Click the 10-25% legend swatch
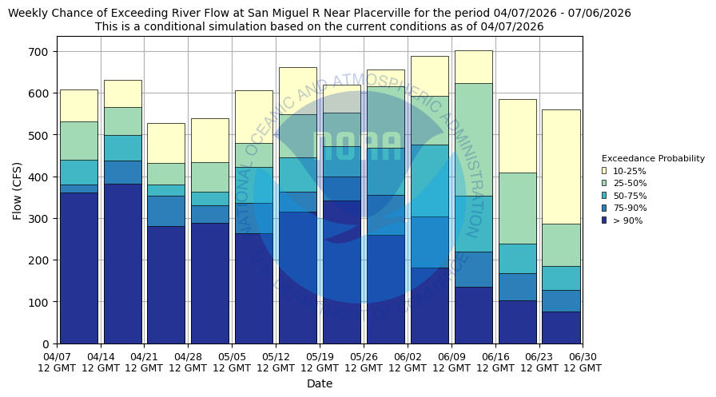coord(604,171)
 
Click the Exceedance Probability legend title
coord(653,158)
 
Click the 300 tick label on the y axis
coord(40,219)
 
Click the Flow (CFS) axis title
coord(18,190)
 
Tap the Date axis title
coord(320,383)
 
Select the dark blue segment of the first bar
coord(79,268)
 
